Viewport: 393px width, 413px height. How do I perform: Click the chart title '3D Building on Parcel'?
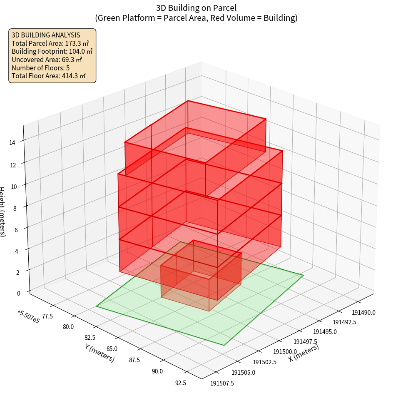click(x=196, y=8)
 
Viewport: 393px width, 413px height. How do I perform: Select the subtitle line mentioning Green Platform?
click(x=196, y=18)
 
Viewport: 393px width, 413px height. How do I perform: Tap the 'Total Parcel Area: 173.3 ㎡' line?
click(x=50, y=43)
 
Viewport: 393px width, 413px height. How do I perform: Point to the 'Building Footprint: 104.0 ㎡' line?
click(x=52, y=51)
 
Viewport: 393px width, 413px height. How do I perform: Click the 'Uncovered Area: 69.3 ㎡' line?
click(x=47, y=60)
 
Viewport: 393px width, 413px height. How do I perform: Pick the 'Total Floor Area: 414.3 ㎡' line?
click(x=49, y=76)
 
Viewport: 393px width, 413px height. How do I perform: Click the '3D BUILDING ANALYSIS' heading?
click(x=46, y=35)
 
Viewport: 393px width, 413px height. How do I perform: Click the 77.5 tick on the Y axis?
click(x=47, y=316)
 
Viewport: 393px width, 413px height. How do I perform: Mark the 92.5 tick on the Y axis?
click(x=181, y=383)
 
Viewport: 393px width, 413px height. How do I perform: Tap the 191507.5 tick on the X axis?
click(x=222, y=383)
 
